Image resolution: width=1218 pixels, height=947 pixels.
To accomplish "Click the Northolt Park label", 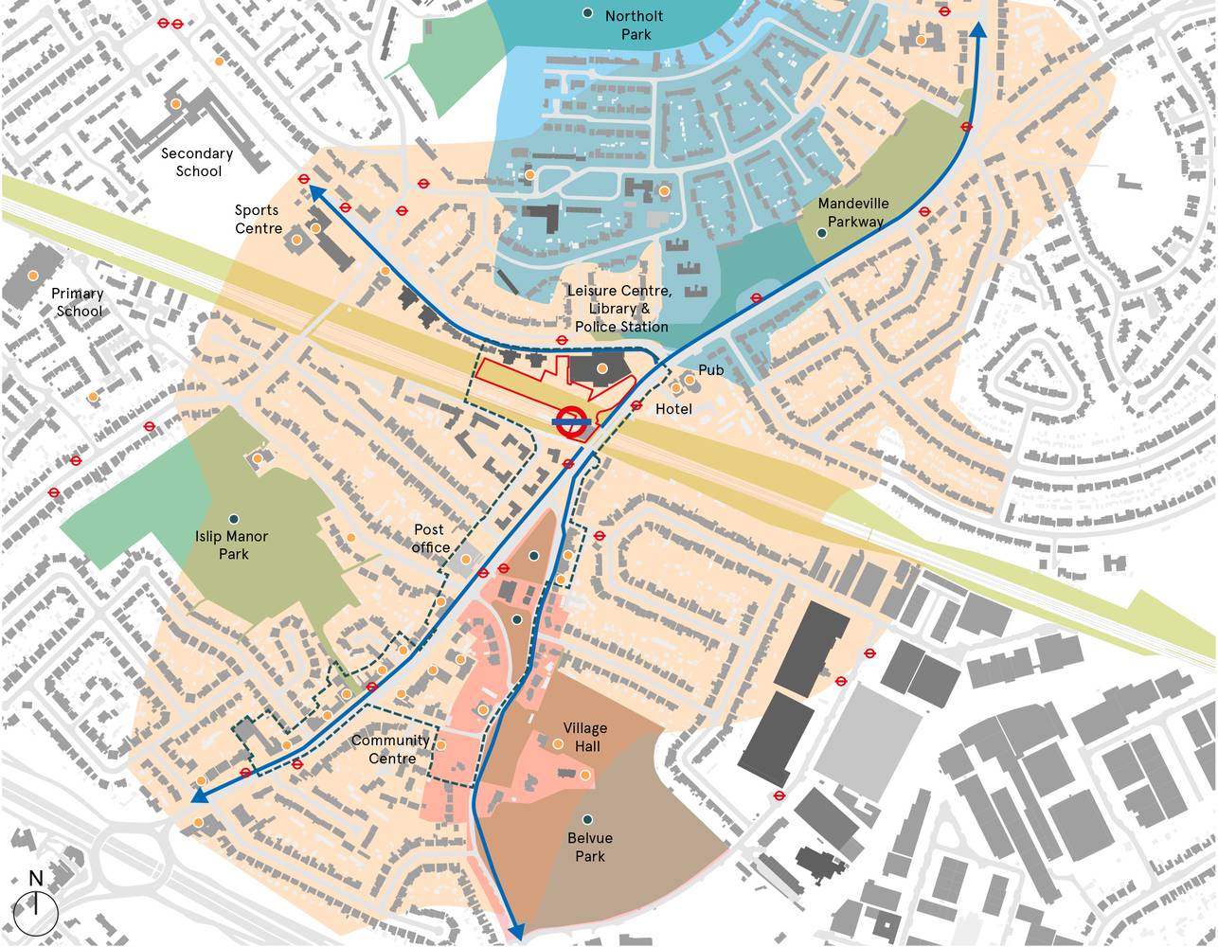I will click(634, 26).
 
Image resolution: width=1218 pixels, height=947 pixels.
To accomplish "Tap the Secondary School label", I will click(197, 162).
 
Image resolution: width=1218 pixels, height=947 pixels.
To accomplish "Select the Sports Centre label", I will click(259, 219).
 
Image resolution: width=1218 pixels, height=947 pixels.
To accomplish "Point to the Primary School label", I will click(79, 302).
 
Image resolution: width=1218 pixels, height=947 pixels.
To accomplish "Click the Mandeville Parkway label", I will click(851, 212).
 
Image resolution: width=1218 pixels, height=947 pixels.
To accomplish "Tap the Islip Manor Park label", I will click(232, 545).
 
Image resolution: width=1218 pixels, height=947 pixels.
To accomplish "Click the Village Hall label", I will click(585, 738).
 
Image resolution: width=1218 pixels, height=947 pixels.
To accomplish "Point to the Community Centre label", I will click(390, 749).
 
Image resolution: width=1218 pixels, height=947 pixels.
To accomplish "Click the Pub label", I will click(710, 370).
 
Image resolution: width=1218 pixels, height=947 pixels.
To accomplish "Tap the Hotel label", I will click(673, 408).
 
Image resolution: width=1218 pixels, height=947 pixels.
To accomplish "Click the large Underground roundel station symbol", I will click(572, 422).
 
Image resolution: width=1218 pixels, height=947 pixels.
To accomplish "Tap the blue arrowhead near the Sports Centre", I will click(313, 192).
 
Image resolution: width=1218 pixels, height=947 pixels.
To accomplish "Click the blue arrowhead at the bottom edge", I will click(516, 932).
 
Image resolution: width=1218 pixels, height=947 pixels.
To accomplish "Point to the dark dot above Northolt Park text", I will click(588, 13).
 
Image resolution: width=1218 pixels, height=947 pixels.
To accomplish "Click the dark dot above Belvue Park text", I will click(588, 819).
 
